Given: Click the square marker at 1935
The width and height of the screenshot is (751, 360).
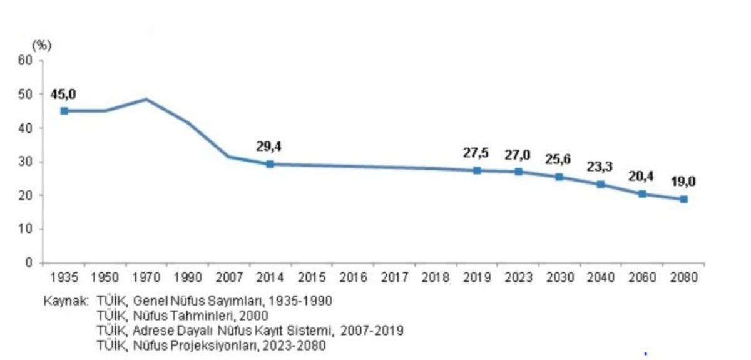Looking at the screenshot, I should (x=64, y=111).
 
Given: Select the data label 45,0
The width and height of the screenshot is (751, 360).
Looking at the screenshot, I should (x=64, y=94).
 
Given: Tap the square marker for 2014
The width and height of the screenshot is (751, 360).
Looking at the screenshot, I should (x=270, y=164).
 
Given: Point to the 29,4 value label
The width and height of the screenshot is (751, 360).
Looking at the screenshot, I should (x=268, y=147).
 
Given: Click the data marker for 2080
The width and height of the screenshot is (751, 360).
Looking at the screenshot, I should (x=684, y=199).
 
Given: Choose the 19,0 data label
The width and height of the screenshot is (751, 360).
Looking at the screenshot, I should (x=684, y=182).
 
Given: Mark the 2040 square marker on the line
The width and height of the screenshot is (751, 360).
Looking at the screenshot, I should (x=601, y=184).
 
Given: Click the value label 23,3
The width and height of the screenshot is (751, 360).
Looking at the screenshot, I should (x=601, y=167).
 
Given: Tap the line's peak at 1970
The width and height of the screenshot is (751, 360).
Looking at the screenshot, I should (x=146, y=99).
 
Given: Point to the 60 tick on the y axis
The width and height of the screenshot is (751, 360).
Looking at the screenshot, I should (x=25, y=61).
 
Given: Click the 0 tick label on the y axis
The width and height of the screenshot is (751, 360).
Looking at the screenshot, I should (x=29, y=263).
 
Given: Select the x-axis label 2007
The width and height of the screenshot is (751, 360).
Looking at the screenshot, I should (x=228, y=277).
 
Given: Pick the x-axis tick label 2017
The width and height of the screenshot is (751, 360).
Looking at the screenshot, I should (x=394, y=277).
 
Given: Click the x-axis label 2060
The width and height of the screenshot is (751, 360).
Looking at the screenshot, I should (x=642, y=277).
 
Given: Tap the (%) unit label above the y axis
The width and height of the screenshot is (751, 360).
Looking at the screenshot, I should (x=41, y=45).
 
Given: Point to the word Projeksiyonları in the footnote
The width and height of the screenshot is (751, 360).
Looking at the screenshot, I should (x=218, y=345).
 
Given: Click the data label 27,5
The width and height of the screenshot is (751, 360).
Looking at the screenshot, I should (x=476, y=153).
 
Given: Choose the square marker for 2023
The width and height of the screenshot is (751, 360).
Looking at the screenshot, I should (x=518, y=172).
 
